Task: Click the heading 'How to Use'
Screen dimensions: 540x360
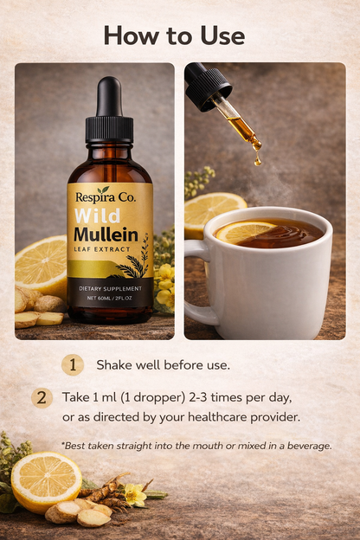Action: [174, 35]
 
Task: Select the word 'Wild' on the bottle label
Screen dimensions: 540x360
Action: [98, 215]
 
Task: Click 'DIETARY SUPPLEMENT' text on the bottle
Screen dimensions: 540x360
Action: [109, 286]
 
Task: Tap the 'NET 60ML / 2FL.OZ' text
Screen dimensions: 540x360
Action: [109, 298]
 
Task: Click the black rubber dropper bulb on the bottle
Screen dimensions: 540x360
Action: [109, 96]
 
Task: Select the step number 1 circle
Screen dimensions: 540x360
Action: [73, 365]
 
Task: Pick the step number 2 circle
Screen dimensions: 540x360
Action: [42, 398]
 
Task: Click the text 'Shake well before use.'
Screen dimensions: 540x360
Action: [163, 365]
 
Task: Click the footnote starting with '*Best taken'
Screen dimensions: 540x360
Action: [196, 445]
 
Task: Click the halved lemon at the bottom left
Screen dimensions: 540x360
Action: [46, 480]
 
